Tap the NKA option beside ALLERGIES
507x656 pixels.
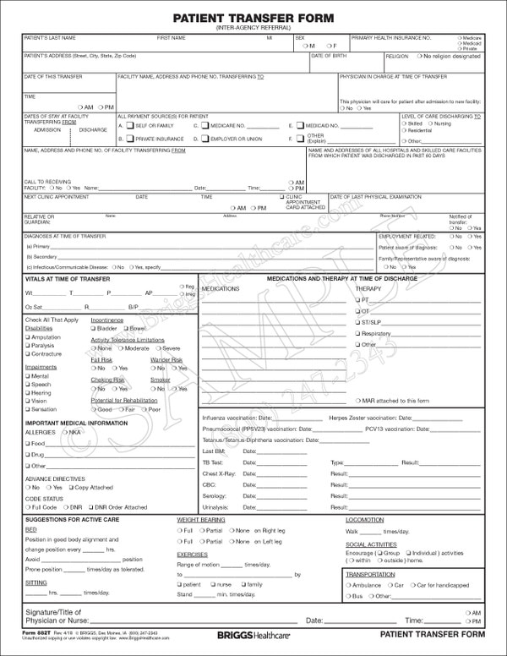[x=66, y=431]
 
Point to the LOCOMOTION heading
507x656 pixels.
[x=365, y=520]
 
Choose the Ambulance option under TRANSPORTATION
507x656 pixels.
[x=349, y=584]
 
